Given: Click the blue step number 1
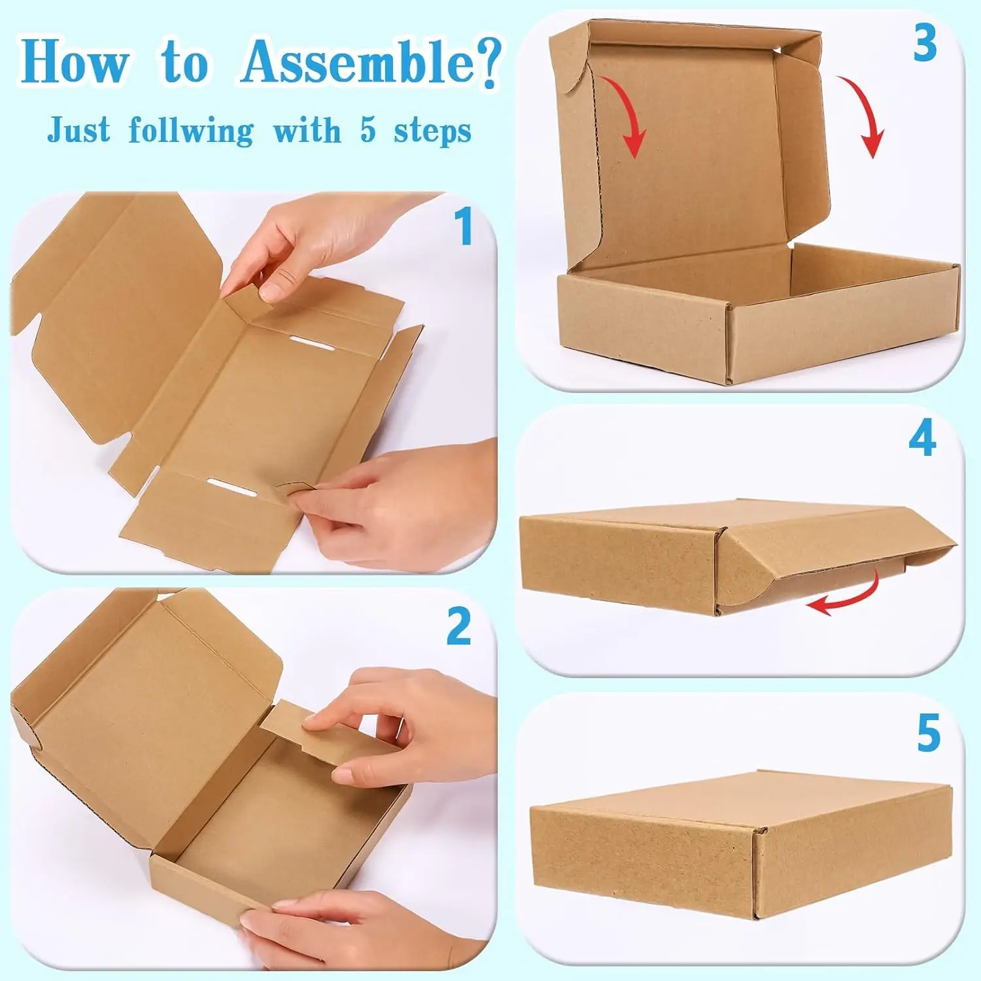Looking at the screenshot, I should (464, 227).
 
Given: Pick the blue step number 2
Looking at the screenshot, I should (459, 627).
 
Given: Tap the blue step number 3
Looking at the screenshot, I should (925, 44).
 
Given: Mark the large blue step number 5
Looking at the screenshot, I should (929, 733).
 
